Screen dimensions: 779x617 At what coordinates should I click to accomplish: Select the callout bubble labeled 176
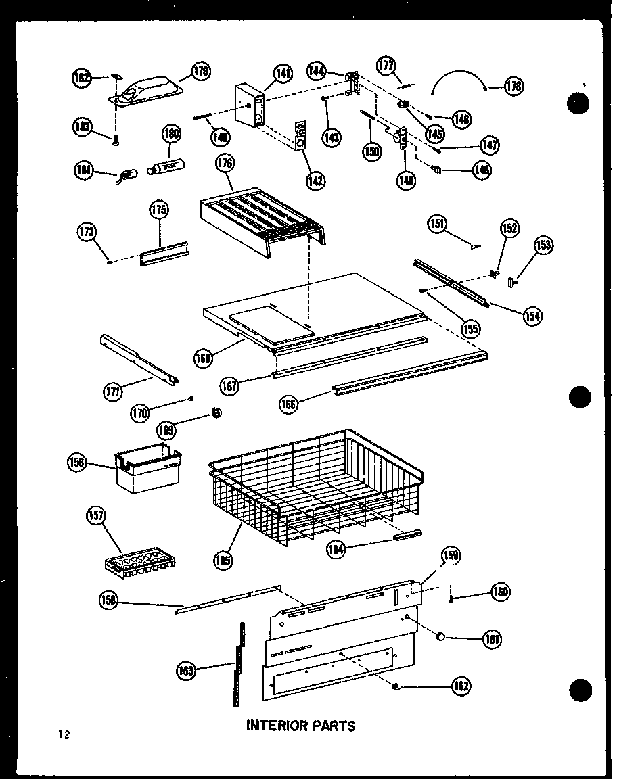[225, 163]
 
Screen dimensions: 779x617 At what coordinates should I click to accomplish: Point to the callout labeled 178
[514, 87]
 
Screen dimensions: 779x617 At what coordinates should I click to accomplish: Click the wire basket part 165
[318, 487]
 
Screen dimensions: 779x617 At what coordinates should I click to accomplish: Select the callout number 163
[186, 671]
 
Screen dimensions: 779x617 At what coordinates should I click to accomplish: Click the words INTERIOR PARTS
[300, 726]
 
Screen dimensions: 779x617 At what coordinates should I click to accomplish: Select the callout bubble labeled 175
[159, 210]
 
